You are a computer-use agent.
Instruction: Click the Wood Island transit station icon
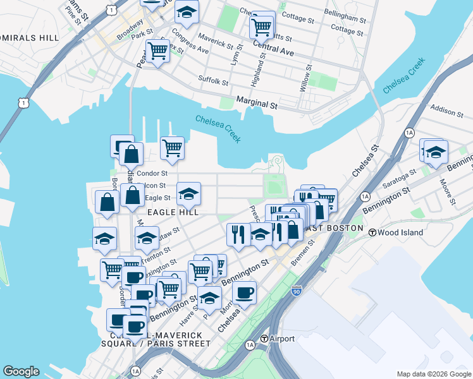click(x=373, y=232)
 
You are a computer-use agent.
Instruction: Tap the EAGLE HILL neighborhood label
click(x=173, y=213)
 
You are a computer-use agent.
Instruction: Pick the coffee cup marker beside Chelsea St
click(x=244, y=292)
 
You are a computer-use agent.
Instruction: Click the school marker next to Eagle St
click(x=188, y=193)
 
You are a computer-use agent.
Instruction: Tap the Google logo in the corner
click(x=21, y=371)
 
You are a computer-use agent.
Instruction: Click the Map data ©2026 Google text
click(x=434, y=374)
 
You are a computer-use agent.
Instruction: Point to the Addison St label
click(x=446, y=112)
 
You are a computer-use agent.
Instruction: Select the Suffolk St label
click(x=213, y=81)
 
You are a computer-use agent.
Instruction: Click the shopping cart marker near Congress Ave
click(x=157, y=50)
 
